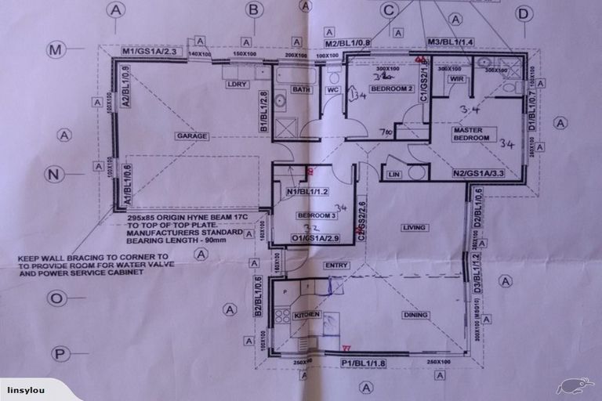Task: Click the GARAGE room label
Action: tap(191, 135)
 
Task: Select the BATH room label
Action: tap(301, 89)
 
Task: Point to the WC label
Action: tap(333, 89)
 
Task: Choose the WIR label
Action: tap(458, 80)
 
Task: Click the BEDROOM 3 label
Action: tap(317, 215)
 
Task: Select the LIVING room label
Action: tap(413, 228)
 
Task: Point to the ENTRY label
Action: tap(336, 266)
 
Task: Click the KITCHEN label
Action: tap(307, 314)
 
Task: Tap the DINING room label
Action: tap(415, 315)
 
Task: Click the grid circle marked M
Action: tap(56, 51)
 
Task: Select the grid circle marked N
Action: tap(54, 174)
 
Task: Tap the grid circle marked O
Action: tap(56, 298)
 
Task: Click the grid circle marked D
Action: tap(524, 13)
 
